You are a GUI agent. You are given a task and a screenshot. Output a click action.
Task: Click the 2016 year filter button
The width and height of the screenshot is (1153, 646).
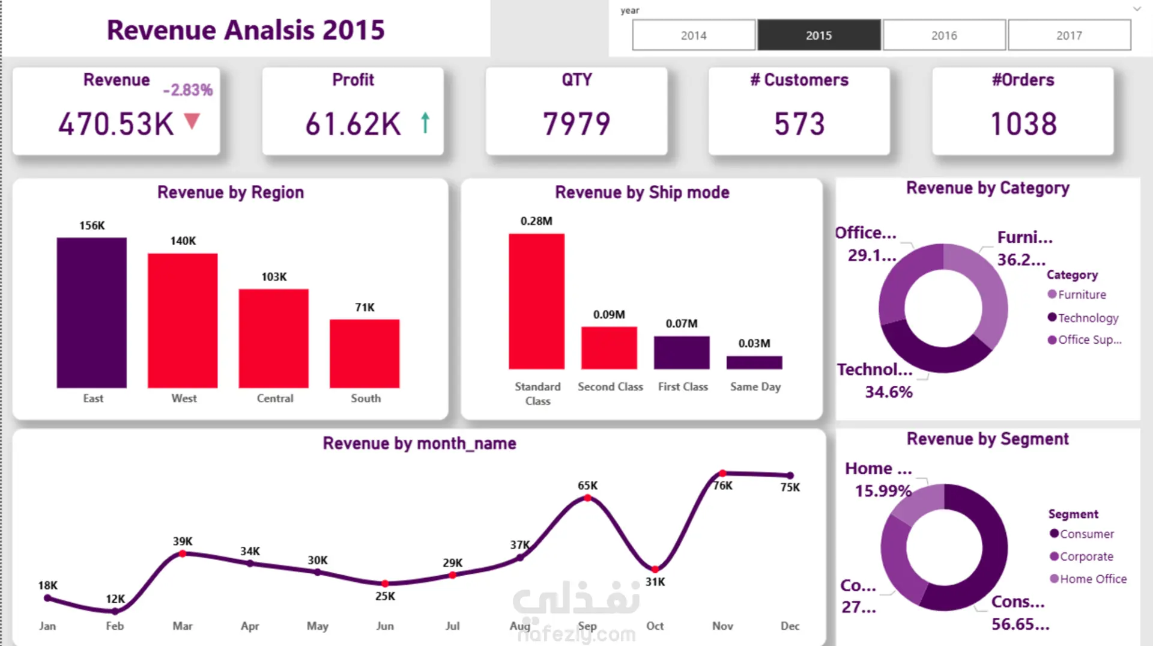click(x=944, y=35)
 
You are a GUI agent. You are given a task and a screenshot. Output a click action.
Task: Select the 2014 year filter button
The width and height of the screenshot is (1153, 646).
click(x=694, y=35)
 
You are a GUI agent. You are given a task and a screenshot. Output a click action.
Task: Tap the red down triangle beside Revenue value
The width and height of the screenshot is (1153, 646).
click(x=192, y=121)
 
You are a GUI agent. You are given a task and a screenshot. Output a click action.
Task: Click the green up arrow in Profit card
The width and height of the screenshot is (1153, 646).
click(x=425, y=123)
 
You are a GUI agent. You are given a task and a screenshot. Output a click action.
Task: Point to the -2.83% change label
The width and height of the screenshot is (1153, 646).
click(x=188, y=90)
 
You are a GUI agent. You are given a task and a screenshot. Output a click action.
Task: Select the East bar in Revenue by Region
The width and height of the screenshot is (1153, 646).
click(x=92, y=312)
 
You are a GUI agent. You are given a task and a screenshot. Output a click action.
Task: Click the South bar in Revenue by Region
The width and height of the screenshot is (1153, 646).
click(x=365, y=353)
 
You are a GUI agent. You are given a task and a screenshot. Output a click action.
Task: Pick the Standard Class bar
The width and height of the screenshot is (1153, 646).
click(x=536, y=301)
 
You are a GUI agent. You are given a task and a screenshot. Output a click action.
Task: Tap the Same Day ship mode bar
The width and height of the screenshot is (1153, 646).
click(x=754, y=362)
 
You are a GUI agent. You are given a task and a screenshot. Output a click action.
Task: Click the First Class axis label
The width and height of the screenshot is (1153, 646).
click(x=683, y=386)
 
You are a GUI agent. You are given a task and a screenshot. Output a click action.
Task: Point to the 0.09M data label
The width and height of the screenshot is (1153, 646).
click(x=609, y=314)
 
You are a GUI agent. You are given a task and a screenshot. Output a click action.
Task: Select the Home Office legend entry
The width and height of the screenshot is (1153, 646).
click(x=1088, y=579)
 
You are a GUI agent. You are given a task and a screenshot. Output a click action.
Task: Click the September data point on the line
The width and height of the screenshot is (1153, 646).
click(x=587, y=498)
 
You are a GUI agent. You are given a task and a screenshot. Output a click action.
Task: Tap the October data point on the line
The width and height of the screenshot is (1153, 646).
click(x=655, y=569)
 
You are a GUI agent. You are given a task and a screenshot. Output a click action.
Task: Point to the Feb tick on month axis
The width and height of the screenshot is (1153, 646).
click(x=115, y=626)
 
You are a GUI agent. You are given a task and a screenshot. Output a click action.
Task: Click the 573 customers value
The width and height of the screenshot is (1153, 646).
click(x=799, y=124)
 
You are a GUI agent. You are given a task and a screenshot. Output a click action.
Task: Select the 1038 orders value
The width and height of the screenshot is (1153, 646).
click(x=1023, y=124)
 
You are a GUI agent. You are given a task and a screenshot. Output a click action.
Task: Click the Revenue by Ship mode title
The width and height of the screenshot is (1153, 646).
click(x=642, y=192)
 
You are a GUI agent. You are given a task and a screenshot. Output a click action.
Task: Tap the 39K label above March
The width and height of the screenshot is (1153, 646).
click(x=183, y=541)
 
